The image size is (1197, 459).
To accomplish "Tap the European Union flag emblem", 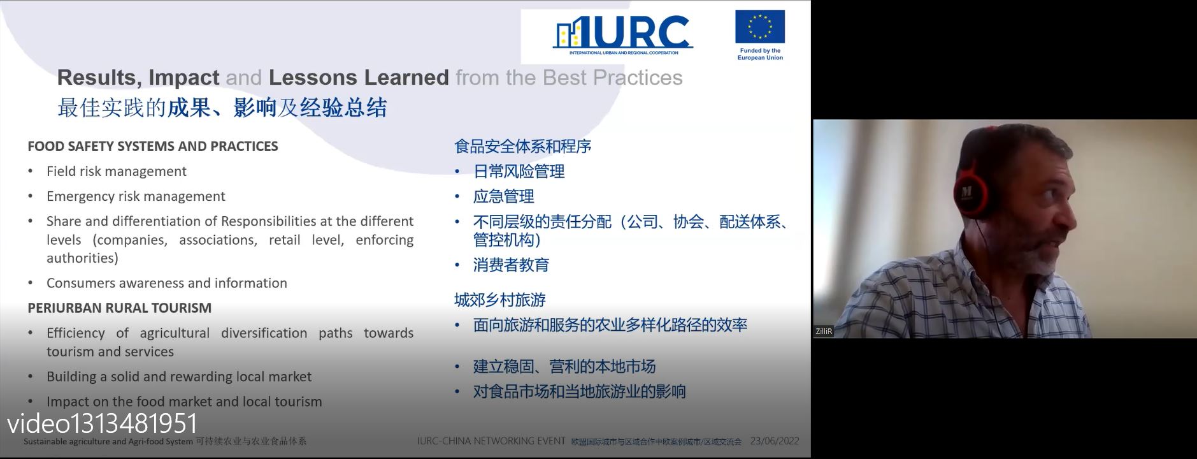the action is [760, 27].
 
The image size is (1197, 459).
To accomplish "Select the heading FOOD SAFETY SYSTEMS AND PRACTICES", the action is [153, 146].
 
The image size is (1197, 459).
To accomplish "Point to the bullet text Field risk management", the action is [117, 171].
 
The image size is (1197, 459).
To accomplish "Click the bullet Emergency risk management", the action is [136, 196].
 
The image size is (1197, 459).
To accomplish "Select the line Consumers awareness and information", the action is [167, 283].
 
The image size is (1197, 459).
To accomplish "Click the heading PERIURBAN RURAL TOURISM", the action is [120, 308].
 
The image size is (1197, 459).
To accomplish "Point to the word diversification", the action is [264, 333].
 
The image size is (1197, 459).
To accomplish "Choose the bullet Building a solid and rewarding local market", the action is [179, 377].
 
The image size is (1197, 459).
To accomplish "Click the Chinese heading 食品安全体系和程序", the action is [523, 147].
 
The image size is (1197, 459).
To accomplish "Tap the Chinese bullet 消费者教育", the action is [512, 265].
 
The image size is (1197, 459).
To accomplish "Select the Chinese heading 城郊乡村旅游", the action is [500, 300].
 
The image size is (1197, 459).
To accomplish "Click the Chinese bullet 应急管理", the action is [504, 196].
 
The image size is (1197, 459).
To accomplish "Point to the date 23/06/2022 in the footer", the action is [775, 441].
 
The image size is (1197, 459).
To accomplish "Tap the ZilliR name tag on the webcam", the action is [824, 331].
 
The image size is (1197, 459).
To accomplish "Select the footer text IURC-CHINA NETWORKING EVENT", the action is [491, 441].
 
